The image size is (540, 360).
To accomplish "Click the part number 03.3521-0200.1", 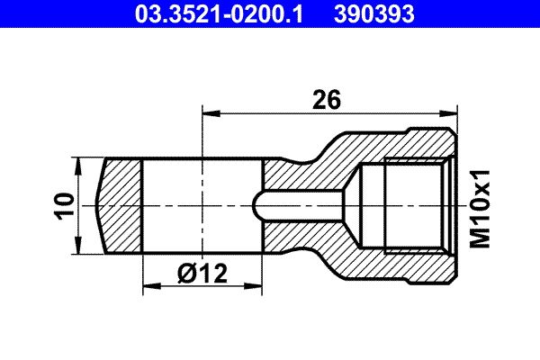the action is pos(219,14).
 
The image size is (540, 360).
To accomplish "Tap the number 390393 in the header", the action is pos(374,14).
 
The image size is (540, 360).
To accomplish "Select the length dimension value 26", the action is pos(327,100).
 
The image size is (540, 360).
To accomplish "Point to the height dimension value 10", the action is pos(64,206).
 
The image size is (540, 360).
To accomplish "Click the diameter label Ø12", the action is pos(202,274).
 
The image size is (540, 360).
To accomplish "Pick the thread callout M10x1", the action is pos(480,209).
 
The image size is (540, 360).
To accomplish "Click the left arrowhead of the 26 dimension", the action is pos(211,113).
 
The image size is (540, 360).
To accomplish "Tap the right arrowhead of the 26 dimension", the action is pos(449,113).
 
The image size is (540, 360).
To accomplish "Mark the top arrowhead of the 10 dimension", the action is pos(79,166).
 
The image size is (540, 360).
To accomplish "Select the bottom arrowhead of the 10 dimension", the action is pos(79,246).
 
